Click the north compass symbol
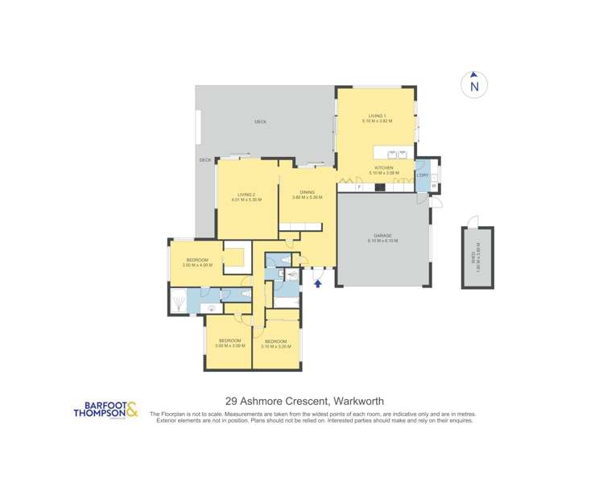point(474,85)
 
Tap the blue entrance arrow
point(318,283)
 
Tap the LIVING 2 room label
point(246,196)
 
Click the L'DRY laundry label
point(422,175)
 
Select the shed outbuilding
point(476,258)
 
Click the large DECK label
point(260,122)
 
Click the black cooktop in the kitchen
point(379,188)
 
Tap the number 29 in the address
point(230,401)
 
